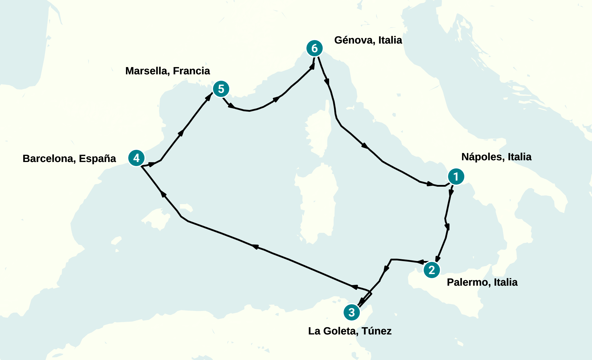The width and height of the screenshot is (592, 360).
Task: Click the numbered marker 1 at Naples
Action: click(456, 177)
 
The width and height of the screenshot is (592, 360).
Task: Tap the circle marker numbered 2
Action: click(432, 270)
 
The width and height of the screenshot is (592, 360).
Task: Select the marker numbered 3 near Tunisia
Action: click(352, 312)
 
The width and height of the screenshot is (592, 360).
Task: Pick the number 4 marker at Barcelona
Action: click(136, 158)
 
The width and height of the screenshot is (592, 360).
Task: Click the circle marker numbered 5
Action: click(221, 89)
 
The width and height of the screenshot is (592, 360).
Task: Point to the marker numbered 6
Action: click(315, 48)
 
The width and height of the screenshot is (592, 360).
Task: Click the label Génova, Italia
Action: click(368, 40)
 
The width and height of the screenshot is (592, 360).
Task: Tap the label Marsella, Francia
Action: click(167, 71)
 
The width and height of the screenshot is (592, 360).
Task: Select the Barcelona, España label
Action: click(69, 159)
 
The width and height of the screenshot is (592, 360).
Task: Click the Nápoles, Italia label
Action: click(496, 157)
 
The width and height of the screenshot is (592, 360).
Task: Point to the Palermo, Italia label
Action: click(482, 282)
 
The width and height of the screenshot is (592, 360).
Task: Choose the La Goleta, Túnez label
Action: click(350, 331)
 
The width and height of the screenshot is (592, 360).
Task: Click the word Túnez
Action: click(377, 331)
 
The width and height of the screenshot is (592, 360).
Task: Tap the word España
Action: click(98, 159)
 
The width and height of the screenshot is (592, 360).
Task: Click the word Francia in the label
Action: click(191, 71)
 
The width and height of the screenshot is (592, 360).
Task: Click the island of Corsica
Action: click(318, 134)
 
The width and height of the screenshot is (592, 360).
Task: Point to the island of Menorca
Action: click(186, 207)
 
